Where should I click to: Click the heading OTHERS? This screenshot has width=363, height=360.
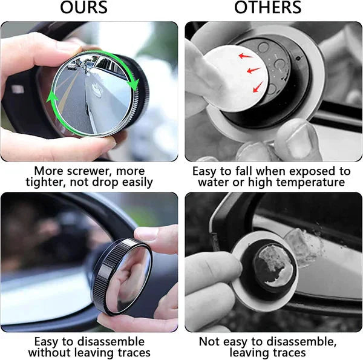pyautogui.click(x=267, y=8)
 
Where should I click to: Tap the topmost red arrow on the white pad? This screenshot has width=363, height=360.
pyautogui.click(x=246, y=57)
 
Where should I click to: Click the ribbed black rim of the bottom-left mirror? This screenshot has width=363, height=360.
pyautogui.click(x=105, y=272)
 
